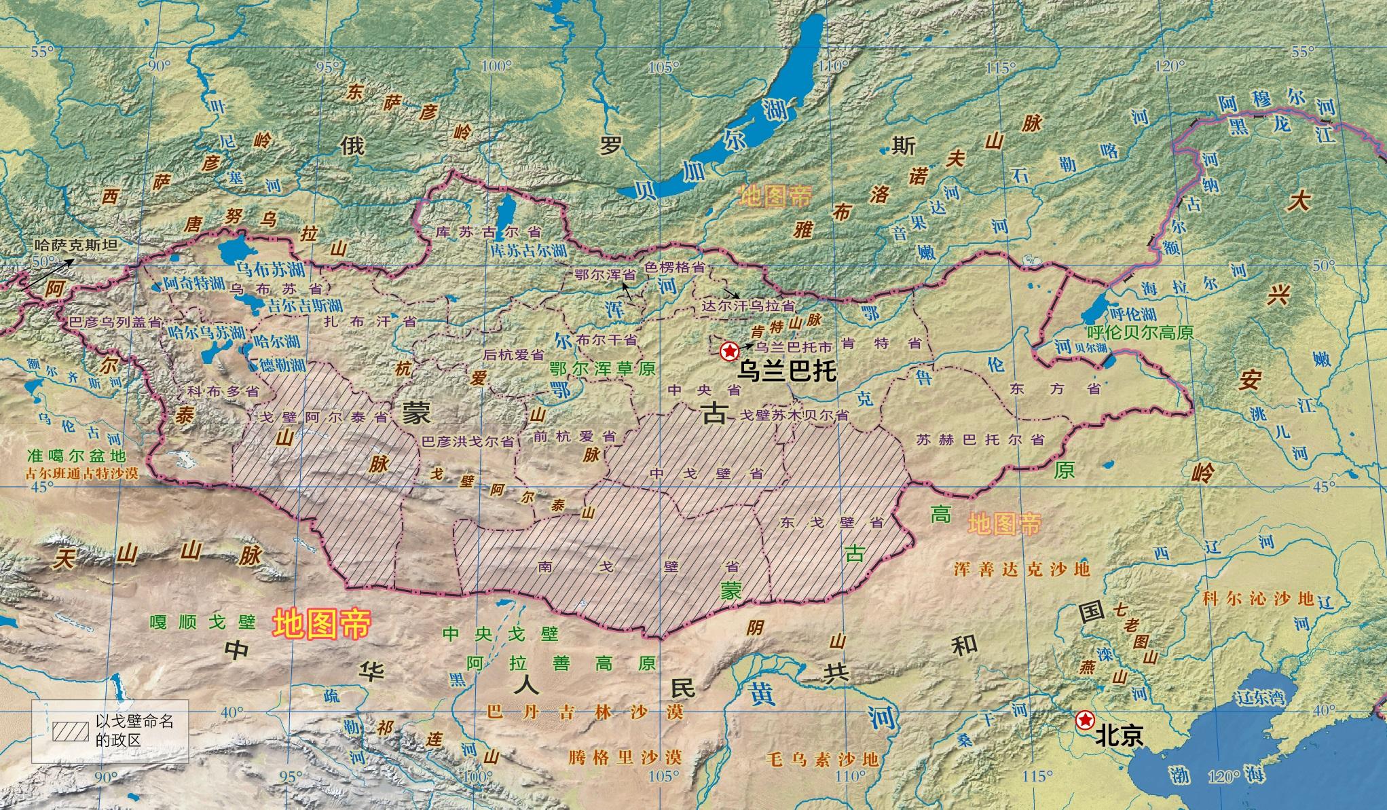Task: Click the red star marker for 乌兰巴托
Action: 728,352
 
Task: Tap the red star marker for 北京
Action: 1085,720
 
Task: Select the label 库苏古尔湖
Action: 528,250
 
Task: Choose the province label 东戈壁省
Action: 832,522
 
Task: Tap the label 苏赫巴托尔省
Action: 980,439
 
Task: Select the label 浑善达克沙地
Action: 1022,568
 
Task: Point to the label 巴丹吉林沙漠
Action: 585,712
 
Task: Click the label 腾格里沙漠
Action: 625,756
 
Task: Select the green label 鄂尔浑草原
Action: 603,368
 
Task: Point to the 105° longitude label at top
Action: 663,67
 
